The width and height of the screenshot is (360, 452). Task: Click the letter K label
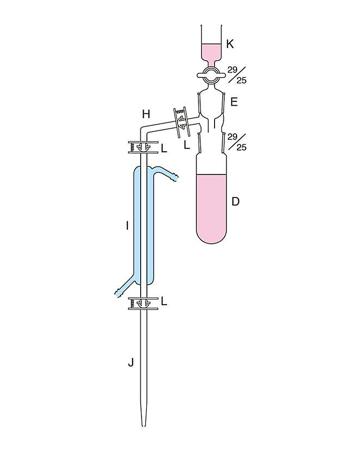click(230, 44)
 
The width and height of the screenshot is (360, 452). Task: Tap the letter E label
click(234, 102)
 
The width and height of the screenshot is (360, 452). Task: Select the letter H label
click(146, 114)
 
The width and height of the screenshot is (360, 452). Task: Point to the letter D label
click(236, 202)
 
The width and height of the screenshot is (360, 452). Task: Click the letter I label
click(127, 226)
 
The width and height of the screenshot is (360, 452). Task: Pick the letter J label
click(131, 363)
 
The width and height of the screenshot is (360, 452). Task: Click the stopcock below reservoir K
click(211, 74)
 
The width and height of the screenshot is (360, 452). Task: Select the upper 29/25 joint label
click(237, 74)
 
